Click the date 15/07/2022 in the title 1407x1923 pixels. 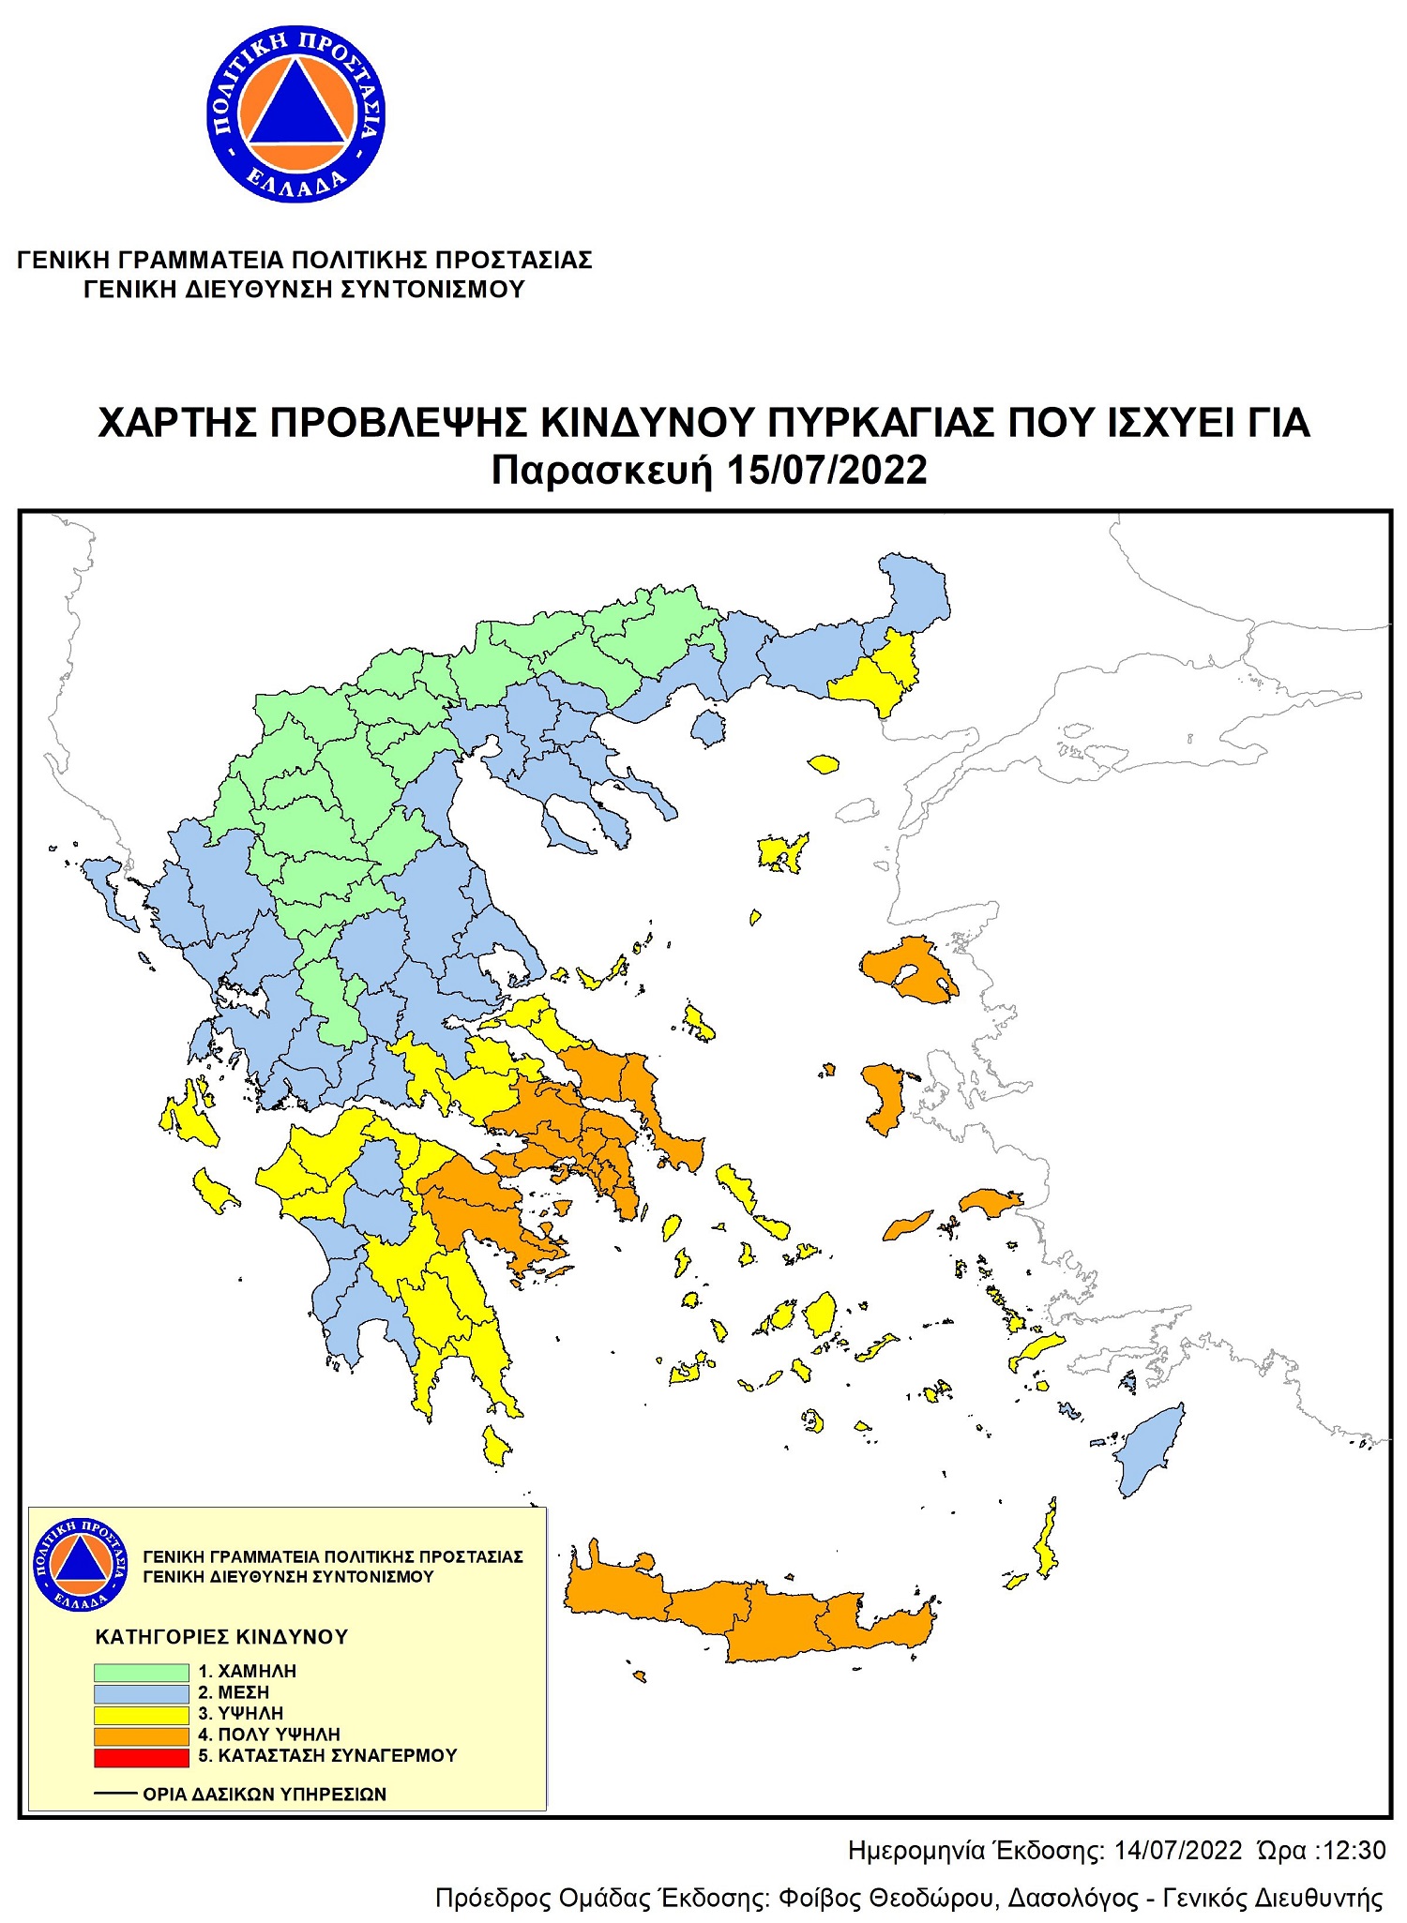[826, 470]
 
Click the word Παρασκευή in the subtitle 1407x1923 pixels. [603, 470]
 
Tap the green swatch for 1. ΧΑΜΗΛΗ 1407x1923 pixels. [141, 1672]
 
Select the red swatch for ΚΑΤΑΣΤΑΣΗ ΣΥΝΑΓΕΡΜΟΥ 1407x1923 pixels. [141, 1757]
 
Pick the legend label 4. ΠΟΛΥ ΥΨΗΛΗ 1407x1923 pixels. [269, 1735]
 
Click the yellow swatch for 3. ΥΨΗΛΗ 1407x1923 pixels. [141, 1714]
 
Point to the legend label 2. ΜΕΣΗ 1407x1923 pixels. [234, 1692]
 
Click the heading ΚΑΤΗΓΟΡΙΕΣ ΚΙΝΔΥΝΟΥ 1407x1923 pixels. [221, 1637]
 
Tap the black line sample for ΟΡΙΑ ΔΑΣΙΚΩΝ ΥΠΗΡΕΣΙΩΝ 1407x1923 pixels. [115, 1794]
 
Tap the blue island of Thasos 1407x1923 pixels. [708, 727]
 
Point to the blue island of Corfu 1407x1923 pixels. [105, 885]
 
